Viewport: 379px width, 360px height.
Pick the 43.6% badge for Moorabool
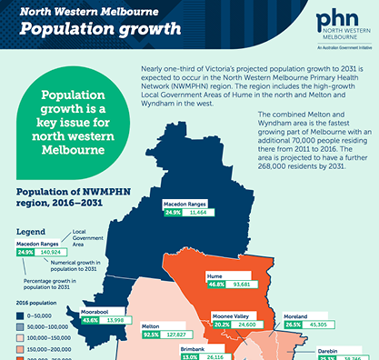[91, 320]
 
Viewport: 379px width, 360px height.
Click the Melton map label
[151, 325]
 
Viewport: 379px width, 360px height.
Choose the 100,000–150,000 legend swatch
[20, 335]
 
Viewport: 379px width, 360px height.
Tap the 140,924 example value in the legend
[55, 253]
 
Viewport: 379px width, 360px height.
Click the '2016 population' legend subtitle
[40, 302]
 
